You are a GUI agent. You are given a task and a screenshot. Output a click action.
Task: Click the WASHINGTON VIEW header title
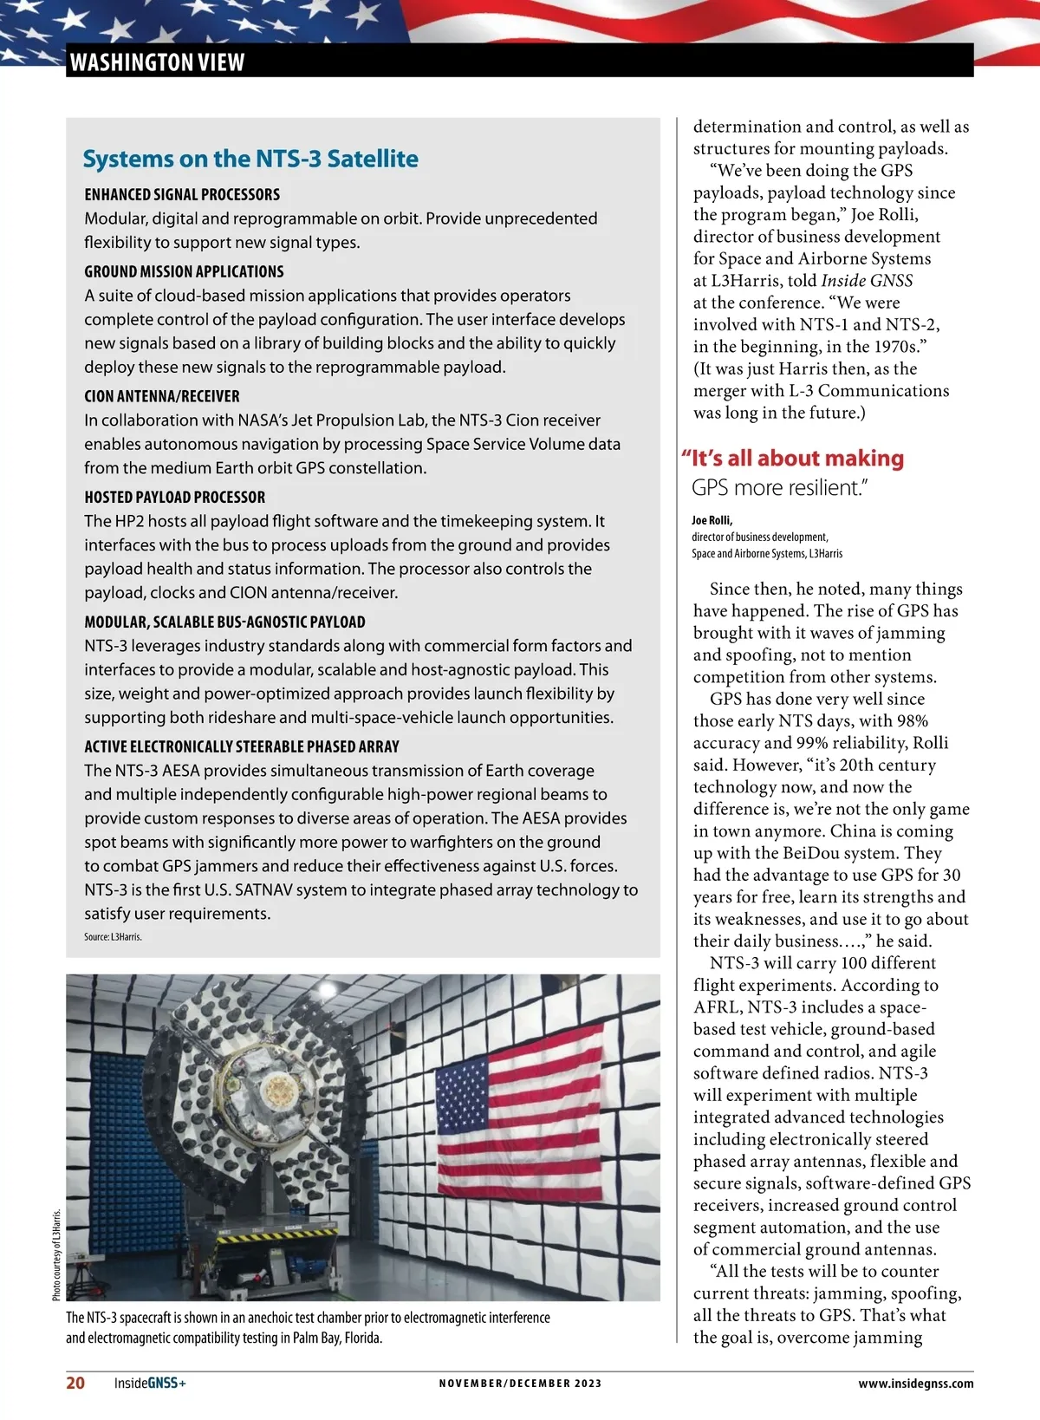point(157,62)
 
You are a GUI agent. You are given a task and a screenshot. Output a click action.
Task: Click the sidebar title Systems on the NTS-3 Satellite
point(250,159)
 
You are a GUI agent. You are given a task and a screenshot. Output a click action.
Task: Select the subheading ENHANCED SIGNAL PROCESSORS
point(182,194)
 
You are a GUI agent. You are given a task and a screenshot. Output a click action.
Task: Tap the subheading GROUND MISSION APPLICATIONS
point(184,271)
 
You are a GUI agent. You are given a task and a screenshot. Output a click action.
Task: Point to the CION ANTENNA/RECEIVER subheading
point(162,396)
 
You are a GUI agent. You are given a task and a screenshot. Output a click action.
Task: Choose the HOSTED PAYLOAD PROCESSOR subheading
point(175,497)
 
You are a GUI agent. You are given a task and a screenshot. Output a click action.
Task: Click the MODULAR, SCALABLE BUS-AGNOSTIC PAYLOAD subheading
point(224,622)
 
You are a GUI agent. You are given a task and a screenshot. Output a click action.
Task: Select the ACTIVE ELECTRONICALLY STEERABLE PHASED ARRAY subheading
point(242,746)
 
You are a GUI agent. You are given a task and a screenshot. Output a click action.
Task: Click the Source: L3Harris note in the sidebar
point(113,937)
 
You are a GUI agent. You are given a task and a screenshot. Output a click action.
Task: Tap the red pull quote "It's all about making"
point(793,458)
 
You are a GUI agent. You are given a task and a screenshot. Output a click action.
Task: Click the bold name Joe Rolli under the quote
point(712,520)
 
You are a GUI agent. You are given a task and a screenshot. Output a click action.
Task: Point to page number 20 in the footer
point(76,1383)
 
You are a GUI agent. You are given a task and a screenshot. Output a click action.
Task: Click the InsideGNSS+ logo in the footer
point(150,1383)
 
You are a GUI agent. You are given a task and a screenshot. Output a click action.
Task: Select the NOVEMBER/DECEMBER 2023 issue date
point(520,1384)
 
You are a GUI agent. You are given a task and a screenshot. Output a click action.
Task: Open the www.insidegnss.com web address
point(915,1384)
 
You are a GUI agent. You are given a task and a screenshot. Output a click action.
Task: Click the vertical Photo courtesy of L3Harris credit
point(56,1254)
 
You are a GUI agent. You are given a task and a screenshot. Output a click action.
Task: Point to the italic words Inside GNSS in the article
point(867,281)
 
